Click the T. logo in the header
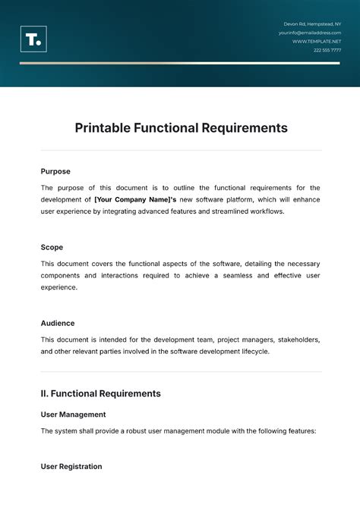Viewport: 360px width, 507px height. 33,39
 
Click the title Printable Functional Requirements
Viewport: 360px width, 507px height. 181,128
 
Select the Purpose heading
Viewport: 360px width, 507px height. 55,171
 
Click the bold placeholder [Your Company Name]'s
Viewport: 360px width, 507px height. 130,199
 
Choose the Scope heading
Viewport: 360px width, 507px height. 52,247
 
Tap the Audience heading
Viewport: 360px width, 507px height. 58,323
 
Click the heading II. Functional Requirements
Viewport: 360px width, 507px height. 100,393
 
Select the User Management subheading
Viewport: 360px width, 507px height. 73,415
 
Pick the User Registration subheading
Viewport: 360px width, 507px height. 71,466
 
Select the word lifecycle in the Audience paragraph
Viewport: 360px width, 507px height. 251,352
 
